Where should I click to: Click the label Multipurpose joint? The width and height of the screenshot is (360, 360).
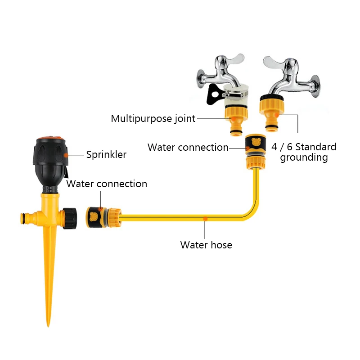click(153, 119)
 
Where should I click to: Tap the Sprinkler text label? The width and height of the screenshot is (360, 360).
click(106, 155)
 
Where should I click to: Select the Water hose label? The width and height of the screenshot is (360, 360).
click(206, 245)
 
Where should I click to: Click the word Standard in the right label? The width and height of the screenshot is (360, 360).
click(316, 147)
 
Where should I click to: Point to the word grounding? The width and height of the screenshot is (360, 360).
click(304, 157)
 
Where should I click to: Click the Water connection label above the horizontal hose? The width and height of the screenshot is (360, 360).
click(107, 184)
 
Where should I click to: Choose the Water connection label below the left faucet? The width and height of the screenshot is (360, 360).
click(188, 148)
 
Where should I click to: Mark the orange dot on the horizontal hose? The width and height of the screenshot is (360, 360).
click(205, 218)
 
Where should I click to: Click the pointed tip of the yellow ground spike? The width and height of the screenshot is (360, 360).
click(48, 324)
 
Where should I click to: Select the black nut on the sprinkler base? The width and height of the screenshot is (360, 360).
click(70, 218)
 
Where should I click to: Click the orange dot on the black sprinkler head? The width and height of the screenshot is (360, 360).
click(66, 155)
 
